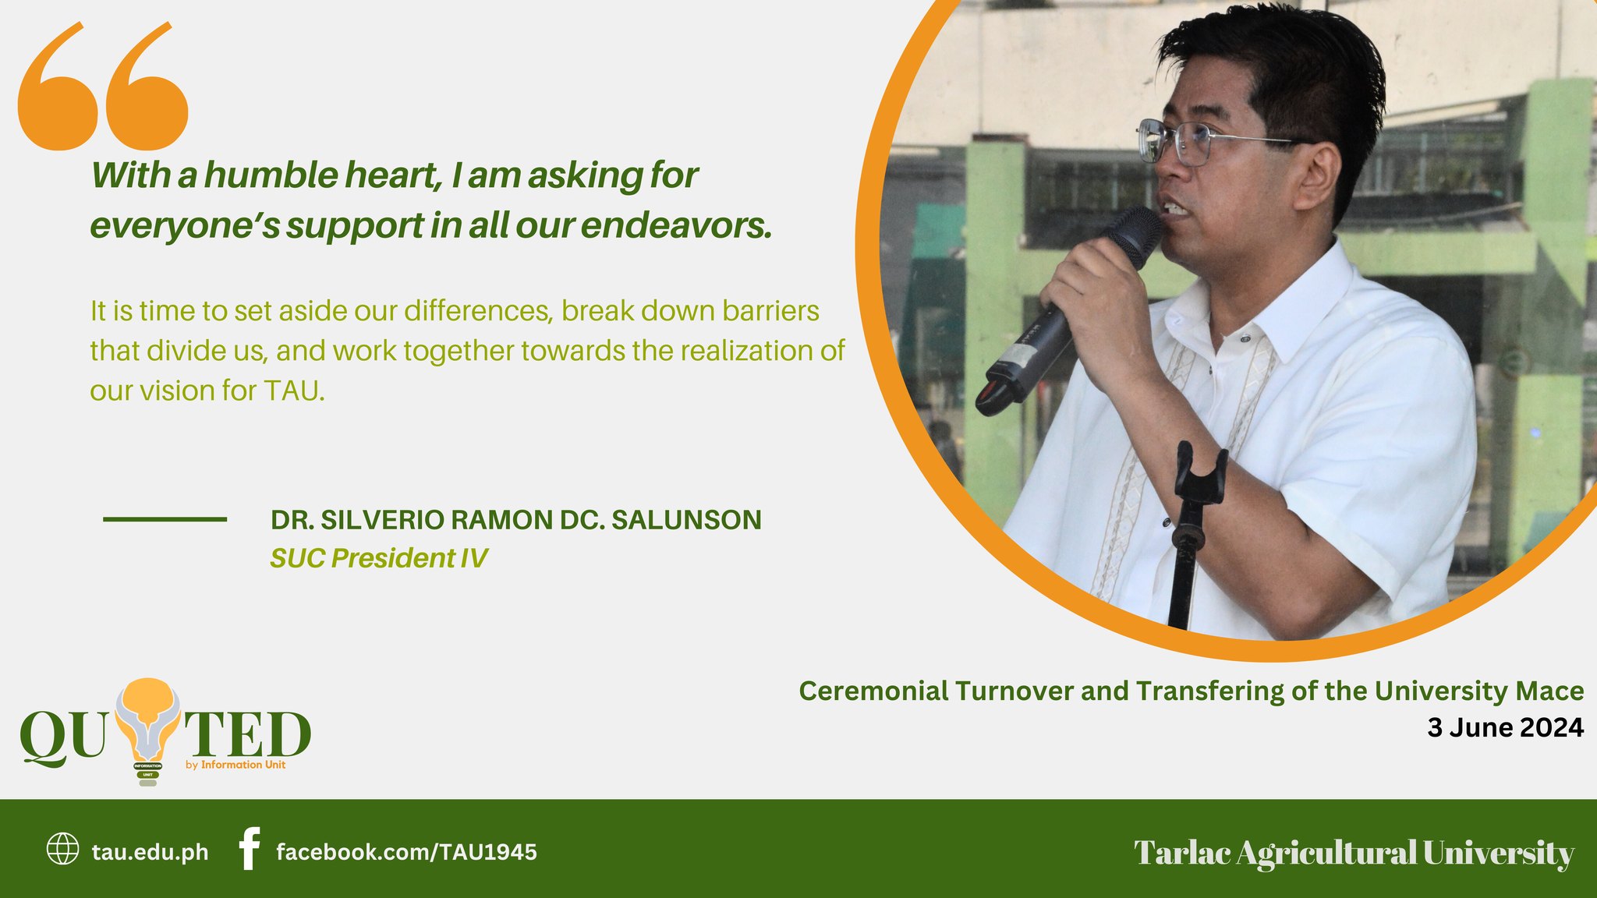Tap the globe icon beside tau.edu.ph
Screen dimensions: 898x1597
63,849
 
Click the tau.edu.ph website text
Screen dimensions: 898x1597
150,852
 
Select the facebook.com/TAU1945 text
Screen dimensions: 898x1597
406,852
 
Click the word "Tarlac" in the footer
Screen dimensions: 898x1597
1182,853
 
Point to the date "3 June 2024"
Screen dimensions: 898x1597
1505,728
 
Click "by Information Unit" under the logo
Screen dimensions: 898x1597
235,765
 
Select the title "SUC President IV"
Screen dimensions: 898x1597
379,558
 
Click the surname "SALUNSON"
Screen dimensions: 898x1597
686,520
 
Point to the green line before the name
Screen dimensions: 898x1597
165,519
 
